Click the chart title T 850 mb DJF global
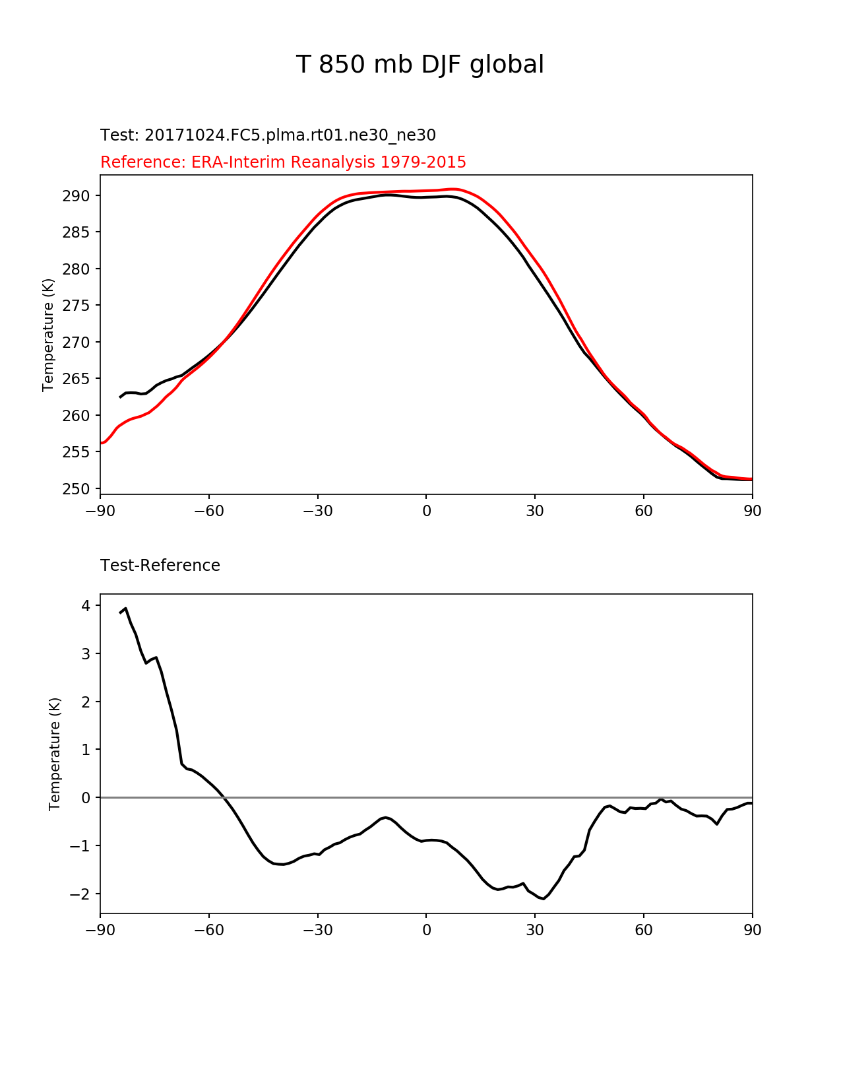click(x=420, y=65)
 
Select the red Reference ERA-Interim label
click(x=283, y=162)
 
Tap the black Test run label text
click(x=268, y=135)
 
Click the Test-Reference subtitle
click(x=160, y=566)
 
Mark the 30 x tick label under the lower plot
click(x=535, y=930)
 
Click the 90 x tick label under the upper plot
click(x=752, y=511)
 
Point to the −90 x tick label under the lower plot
click(x=100, y=930)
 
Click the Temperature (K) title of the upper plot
click(x=47, y=335)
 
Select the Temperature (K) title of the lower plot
click(x=55, y=754)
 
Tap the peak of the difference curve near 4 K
click(x=125, y=609)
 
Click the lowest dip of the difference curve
click(x=542, y=898)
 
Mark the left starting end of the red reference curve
click(x=102, y=443)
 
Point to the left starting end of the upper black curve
click(x=120, y=397)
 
